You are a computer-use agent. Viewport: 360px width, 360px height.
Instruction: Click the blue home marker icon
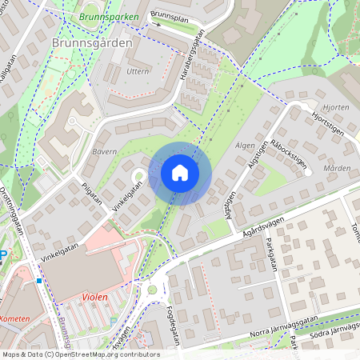pos(179,173)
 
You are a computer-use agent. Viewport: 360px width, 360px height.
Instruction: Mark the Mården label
pos(337,169)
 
